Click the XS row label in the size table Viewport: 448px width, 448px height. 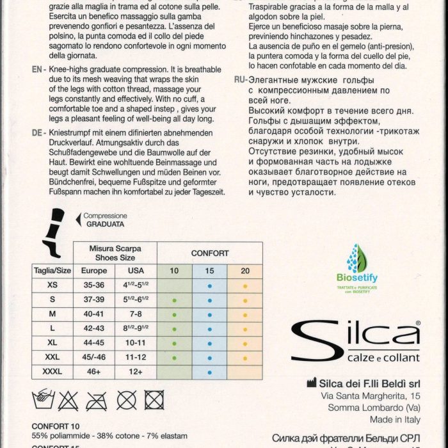(x=52, y=284)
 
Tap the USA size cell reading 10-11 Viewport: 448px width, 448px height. (x=136, y=342)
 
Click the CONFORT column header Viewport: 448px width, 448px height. (x=210, y=253)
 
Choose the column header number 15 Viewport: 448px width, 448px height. (x=209, y=271)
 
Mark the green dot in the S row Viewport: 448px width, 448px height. (x=175, y=298)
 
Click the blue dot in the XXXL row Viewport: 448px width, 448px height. (x=209, y=372)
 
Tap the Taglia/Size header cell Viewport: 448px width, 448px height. (x=52, y=271)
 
